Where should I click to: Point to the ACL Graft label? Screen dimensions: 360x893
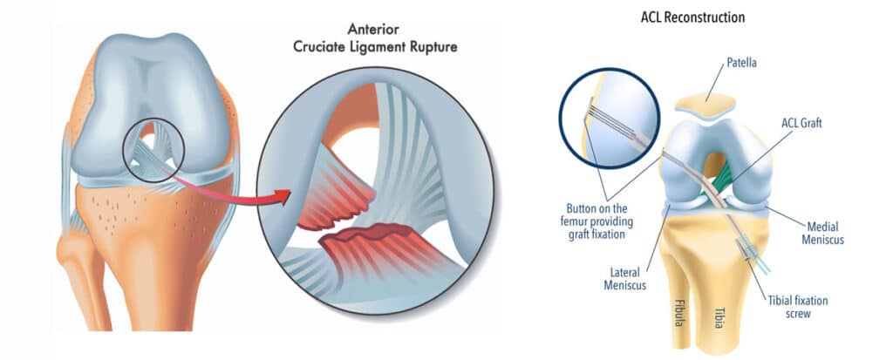point(801,124)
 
